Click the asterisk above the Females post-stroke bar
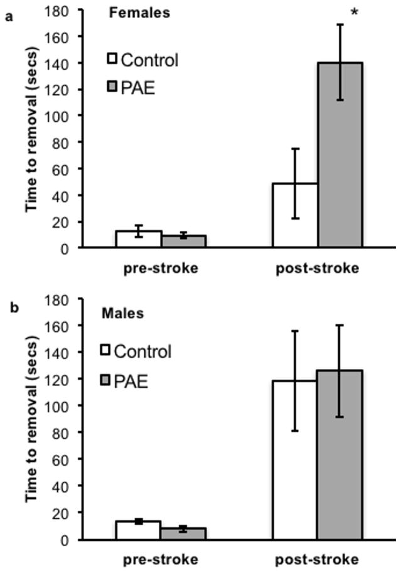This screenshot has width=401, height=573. pos(355,12)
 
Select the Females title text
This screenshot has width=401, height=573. pos(147,13)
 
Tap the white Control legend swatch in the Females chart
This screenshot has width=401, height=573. pos(112,59)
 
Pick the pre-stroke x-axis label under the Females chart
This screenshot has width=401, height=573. pos(161,268)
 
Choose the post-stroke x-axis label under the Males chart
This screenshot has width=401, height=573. pos(318,559)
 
